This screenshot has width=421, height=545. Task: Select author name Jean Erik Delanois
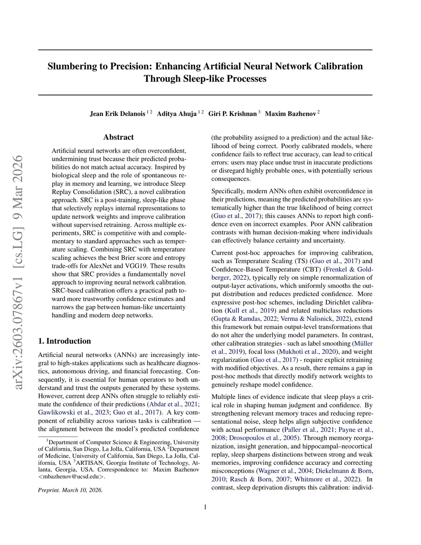click(x=117, y=114)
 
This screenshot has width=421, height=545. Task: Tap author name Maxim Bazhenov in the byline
click(x=290, y=114)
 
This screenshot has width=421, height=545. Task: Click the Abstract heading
click(x=118, y=137)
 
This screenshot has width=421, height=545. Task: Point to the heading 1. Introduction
click(x=65, y=341)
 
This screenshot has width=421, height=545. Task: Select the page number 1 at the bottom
click(x=205, y=507)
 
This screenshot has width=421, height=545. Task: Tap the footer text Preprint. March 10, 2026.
click(x=70, y=490)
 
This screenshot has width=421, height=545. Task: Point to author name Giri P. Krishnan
click(x=232, y=114)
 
